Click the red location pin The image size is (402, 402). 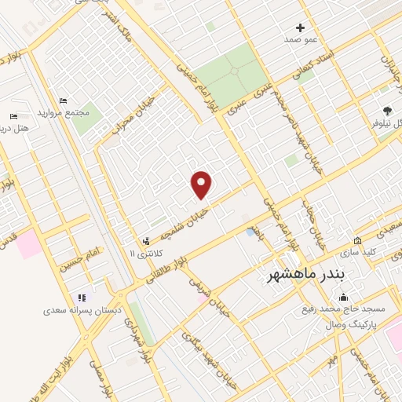(203, 184)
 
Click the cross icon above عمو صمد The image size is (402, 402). (301, 27)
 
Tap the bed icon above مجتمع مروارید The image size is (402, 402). (64, 100)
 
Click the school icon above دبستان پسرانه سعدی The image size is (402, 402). (80, 298)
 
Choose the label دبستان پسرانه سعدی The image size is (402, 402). (82, 311)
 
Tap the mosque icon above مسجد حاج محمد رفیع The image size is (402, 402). (343, 298)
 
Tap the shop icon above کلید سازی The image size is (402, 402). (357, 241)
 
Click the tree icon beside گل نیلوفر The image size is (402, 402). (386, 111)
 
